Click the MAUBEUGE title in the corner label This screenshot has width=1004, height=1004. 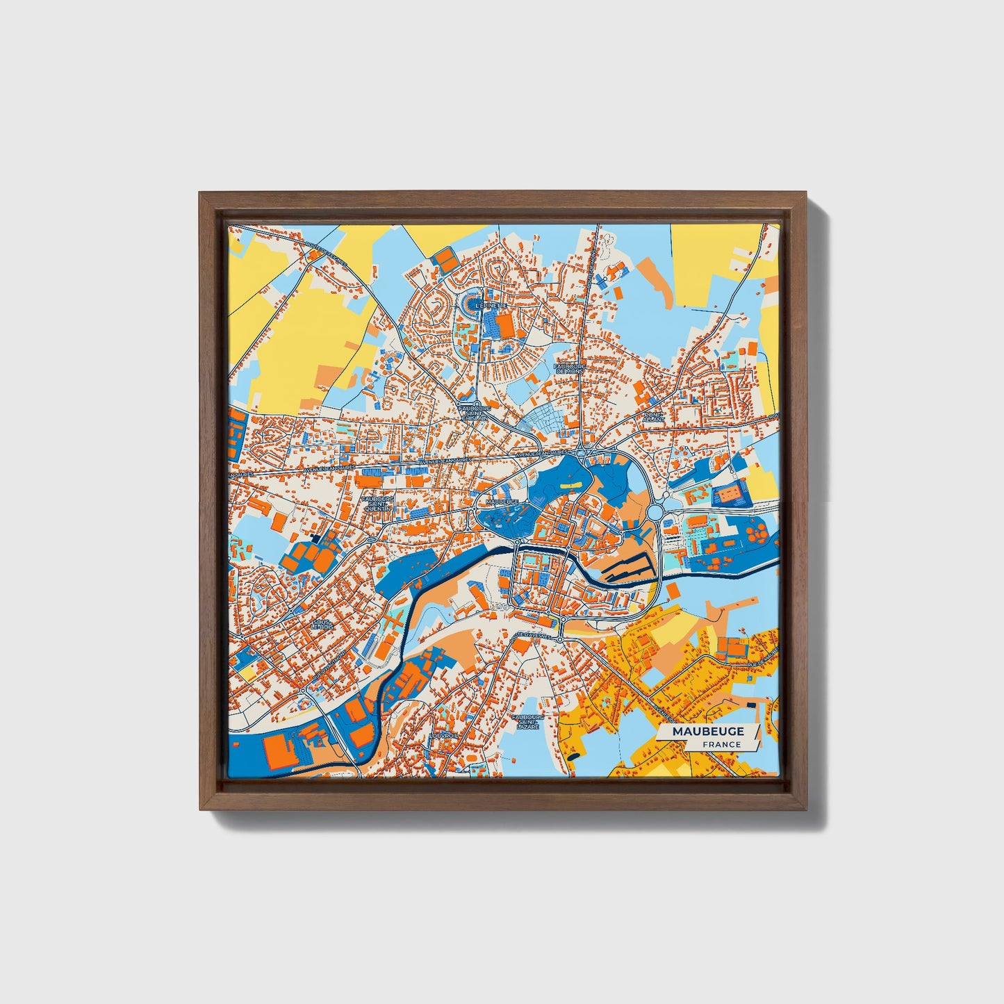707,731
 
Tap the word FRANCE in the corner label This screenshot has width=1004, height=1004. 721,744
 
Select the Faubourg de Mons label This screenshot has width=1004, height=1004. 569,368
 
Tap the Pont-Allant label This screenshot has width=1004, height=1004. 654,416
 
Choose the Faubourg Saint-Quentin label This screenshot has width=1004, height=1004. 379,503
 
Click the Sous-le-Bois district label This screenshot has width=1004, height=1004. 323,623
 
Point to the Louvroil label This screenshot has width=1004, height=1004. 445,734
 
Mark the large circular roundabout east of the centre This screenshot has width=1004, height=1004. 657,513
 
